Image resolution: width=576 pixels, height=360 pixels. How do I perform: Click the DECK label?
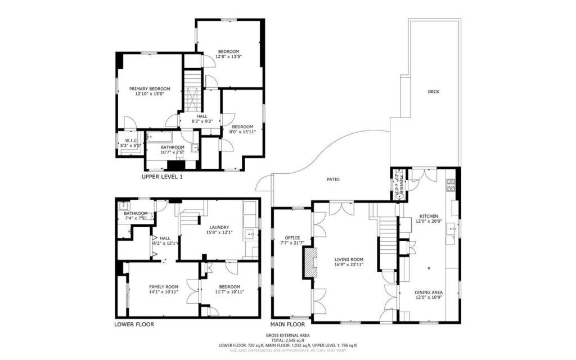[433, 91]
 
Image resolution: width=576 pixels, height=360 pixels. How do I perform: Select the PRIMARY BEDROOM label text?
[149, 89]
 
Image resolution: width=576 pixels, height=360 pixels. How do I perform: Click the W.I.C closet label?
[130, 141]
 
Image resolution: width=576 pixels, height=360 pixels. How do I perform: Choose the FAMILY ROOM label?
[164, 286]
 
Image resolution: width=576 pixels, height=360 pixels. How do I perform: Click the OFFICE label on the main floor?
[292, 237]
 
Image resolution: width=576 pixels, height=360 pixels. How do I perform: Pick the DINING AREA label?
[428, 292]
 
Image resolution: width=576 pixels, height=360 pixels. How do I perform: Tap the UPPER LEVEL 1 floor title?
[162, 177]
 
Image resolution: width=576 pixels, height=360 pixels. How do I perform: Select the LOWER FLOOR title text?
[134, 325]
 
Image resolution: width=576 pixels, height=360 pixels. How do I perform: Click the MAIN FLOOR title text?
[287, 325]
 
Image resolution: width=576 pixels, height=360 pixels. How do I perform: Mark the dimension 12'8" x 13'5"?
[229, 57]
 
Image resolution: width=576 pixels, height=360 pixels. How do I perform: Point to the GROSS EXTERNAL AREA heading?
[287, 334]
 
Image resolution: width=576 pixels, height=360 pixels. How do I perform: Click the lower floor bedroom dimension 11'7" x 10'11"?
[229, 292]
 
